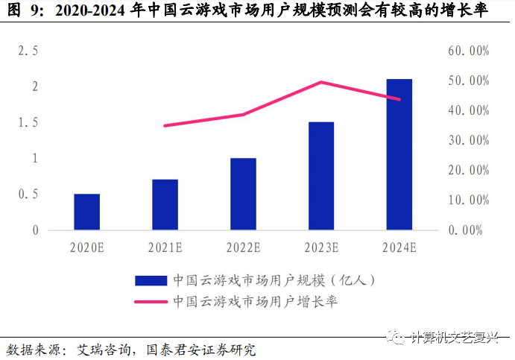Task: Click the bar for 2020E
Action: (86, 212)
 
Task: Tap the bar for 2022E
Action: (243, 194)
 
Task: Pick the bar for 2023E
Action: (321, 176)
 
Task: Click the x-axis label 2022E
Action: (243, 247)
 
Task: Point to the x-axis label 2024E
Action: (399, 247)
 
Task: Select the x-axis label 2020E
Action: (86, 247)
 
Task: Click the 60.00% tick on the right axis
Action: (468, 51)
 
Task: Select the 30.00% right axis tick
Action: (468, 140)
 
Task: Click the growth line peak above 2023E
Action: (321, 82)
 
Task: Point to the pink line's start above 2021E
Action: (165, 125)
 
